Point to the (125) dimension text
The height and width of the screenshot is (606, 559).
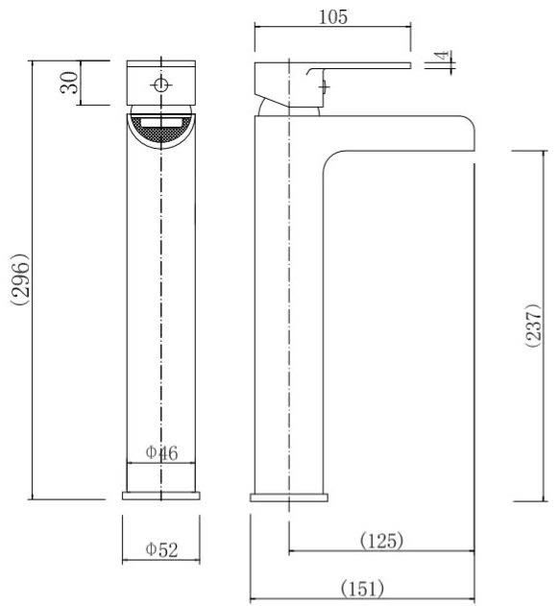click(x=381, y=541)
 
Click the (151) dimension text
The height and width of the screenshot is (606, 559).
click(x=362, y=588)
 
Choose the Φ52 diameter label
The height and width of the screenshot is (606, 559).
click(x=161, y=549)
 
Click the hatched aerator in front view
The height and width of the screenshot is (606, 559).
click(x=161, y=128)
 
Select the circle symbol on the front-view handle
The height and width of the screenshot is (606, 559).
click(x=161, y=85)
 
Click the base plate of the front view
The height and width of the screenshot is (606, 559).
click(x=161, y=496)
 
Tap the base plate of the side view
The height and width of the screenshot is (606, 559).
click(x=288, y=497)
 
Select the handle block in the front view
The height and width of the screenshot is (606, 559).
click(x=161, y=84)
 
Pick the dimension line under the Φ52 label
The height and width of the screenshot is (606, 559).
click(x=161, y=562)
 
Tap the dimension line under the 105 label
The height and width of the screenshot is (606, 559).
click(x=331, y=27)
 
